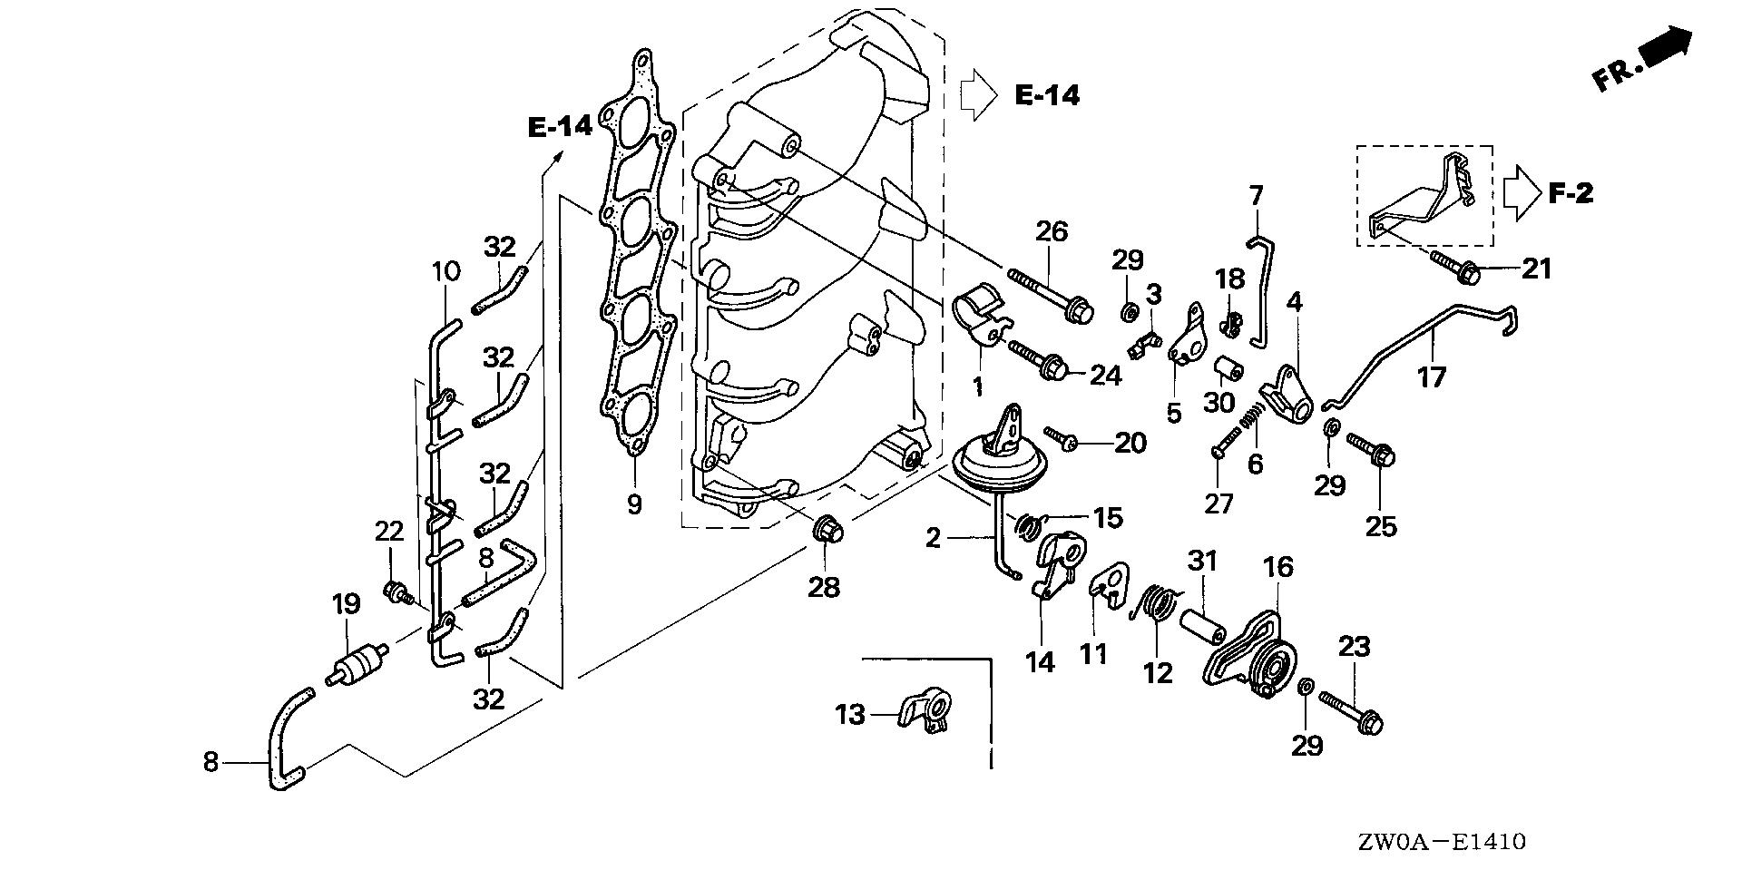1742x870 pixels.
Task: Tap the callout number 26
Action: pos(1052,231)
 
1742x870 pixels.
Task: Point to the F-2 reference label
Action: pos(1571,193)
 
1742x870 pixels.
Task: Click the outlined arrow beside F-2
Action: pos(1521,193)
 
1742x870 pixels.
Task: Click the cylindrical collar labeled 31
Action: pos(1202,626)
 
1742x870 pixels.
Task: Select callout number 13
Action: pos(850,716)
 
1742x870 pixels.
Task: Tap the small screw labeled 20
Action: pos(1060,438)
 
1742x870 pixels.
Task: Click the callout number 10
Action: pos(445,270)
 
